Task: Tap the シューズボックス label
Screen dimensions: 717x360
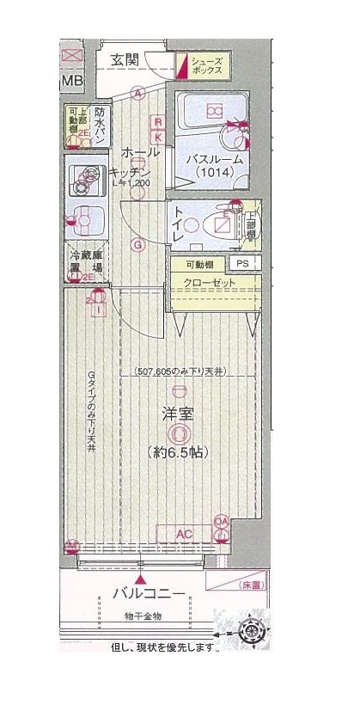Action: (208, 67)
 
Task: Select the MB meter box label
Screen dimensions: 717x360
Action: (72, 82)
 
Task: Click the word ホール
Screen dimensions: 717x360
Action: (140, 152)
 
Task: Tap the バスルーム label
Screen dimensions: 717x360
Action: (211, 159)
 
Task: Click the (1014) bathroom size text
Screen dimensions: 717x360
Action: (211, 174)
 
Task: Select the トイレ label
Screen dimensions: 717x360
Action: (180, 224)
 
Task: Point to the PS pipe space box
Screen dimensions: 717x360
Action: (244, 265)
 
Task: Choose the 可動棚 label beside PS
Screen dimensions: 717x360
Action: (199, 265)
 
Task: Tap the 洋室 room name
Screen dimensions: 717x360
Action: (178, 414)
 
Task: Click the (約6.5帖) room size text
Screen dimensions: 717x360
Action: (178, 452)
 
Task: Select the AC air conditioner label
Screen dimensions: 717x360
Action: (183, 534)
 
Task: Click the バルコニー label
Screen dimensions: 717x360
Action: (149, 594)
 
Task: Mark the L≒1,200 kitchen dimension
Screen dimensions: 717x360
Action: (131, 182)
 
